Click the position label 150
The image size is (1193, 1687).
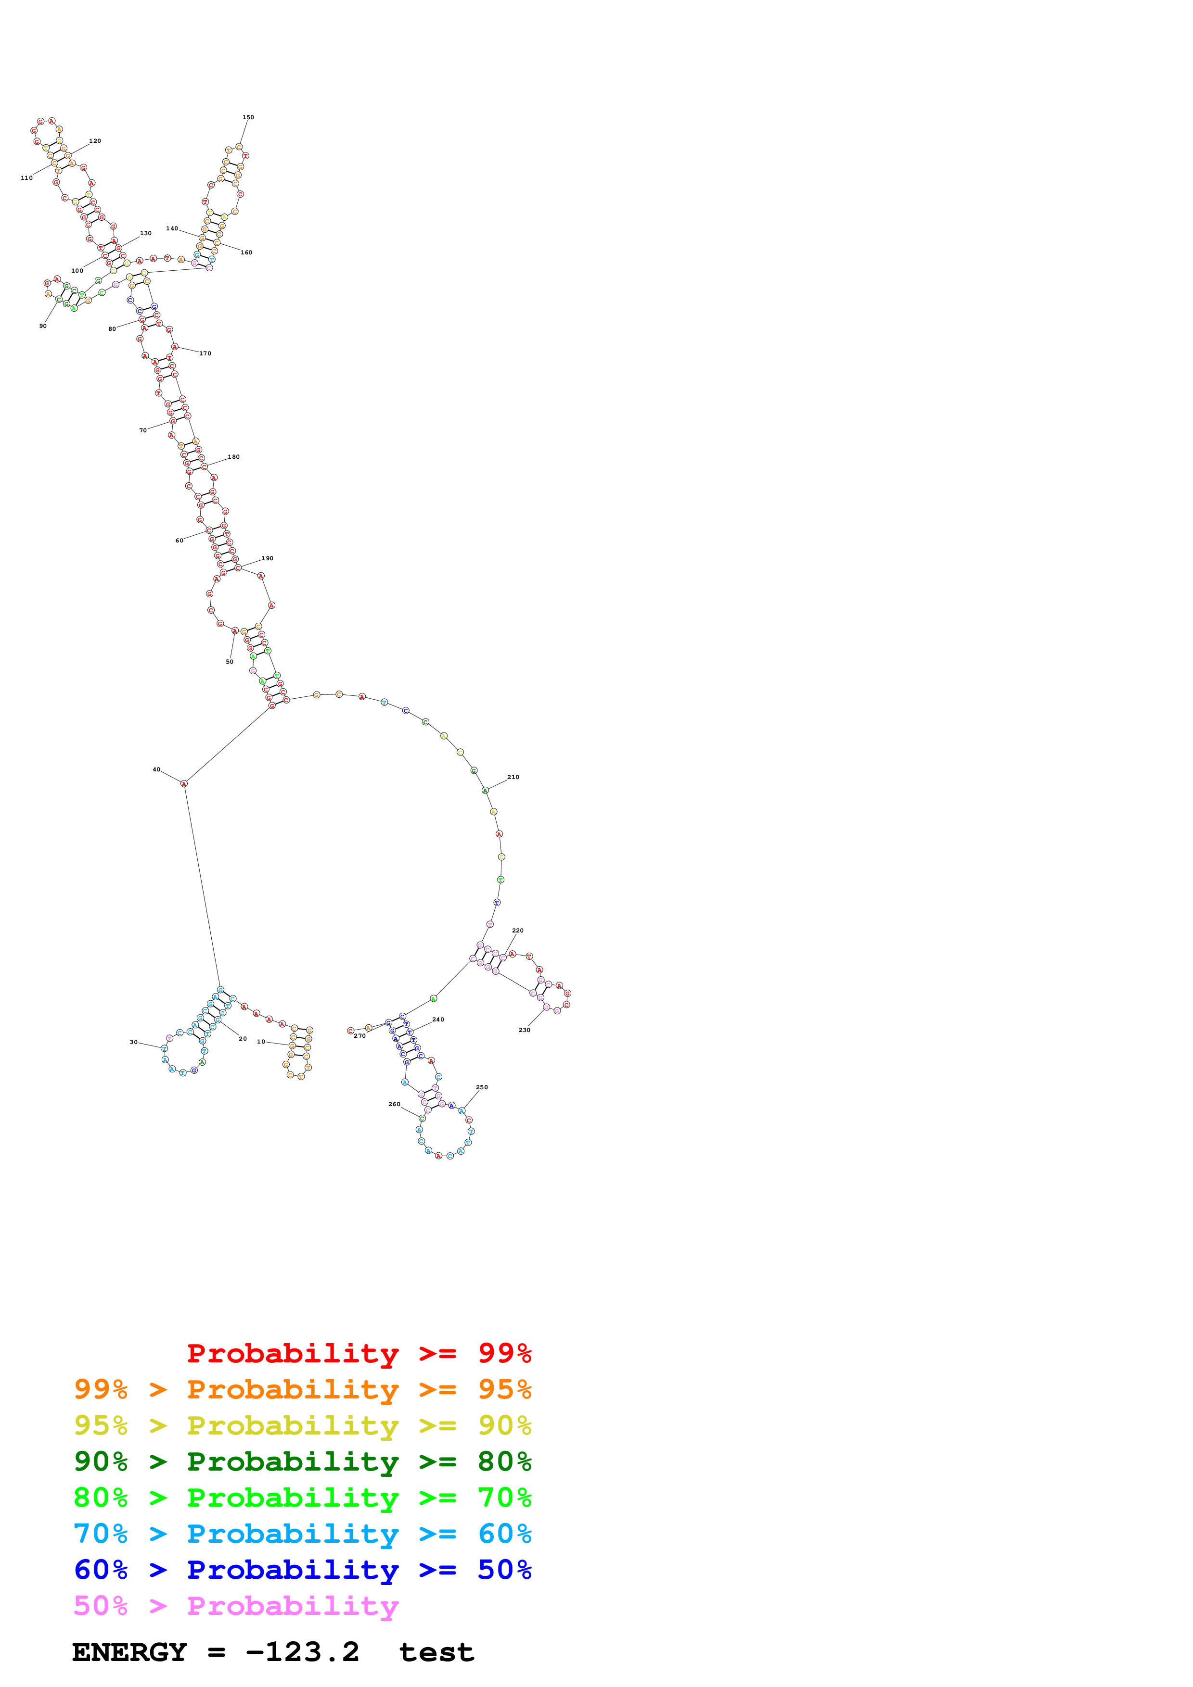pos(248,117)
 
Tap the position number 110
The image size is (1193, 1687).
pos(26,178)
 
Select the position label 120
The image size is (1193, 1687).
pos(95,141)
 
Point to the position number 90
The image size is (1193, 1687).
pos(43,326)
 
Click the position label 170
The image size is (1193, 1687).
pos(205,353)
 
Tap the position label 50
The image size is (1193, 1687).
pos(230,662)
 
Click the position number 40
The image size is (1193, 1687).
pos(156,769)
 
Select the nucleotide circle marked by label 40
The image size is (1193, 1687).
pos(184,784)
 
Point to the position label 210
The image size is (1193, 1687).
pos(513,777)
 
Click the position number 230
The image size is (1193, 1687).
pos(524,1030)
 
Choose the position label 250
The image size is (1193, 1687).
pos(481,1087)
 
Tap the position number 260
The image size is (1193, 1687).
pos(394,1104)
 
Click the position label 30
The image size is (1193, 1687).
pos(133,1042)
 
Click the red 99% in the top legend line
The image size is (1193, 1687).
pos(504,1353)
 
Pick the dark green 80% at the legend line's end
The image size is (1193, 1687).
pos(504,1461)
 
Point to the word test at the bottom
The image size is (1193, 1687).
pos(436,1652)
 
